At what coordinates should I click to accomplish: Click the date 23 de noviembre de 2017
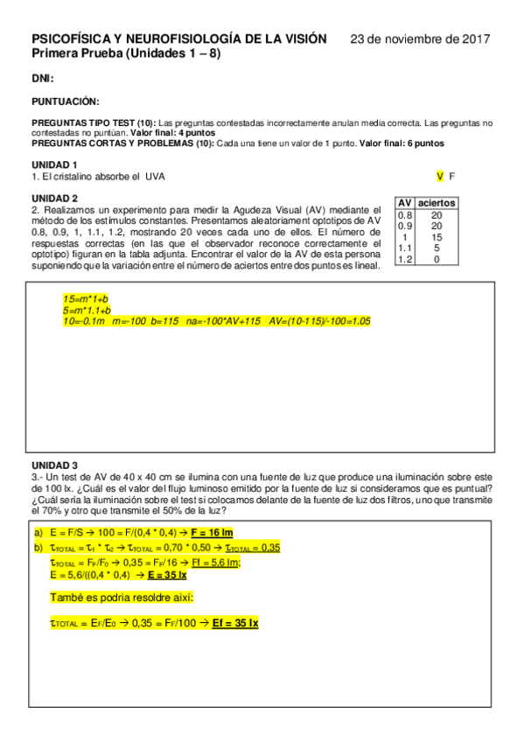[420, 39]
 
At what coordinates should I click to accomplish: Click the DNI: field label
[43, 79]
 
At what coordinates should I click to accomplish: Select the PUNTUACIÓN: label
[66, 101]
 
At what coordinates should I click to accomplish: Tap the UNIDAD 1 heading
[54, 164]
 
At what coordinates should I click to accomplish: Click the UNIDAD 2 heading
[54, 198]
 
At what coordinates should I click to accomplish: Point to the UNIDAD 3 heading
[54, 465]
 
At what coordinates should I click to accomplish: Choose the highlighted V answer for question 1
[440, 176]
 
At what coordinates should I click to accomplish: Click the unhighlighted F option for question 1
[452, 176]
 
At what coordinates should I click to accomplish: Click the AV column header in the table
[405, 203]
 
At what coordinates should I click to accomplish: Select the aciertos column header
[436, 203]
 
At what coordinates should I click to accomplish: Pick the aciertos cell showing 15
[436, 237]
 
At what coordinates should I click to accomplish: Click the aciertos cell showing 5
[436, 248]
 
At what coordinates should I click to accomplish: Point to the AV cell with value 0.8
[405, 214]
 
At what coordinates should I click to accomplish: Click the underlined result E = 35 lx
[166, 575]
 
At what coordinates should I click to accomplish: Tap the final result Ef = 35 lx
[235, 623]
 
